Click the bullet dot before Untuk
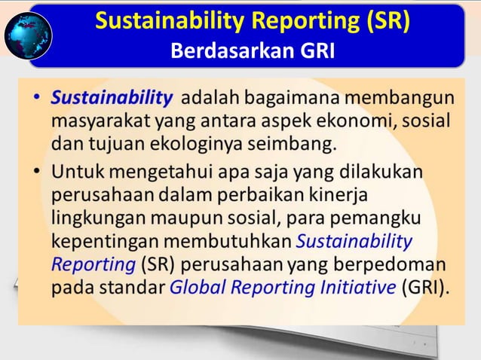tap(37, 172)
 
